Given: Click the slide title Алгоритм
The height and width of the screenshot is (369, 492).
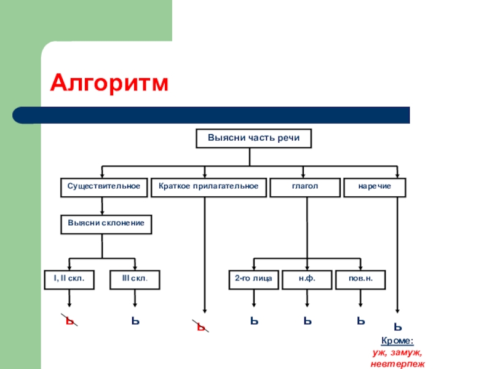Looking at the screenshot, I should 109,82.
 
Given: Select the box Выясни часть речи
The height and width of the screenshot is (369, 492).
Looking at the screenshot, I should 253,138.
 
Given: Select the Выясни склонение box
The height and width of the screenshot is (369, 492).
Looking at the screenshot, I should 106,224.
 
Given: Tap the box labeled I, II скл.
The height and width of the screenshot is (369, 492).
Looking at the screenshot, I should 69,279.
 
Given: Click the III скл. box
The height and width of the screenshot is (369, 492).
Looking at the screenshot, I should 135,279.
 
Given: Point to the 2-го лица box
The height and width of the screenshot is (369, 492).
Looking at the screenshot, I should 253,279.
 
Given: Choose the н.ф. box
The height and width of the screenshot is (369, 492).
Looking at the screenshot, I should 307,279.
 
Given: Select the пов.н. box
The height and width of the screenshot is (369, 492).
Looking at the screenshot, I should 360,279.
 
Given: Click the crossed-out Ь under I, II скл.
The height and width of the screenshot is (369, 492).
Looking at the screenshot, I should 71,321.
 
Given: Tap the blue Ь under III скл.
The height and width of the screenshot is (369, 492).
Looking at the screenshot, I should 135,320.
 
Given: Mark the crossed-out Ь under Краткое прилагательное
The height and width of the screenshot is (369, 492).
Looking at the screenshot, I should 201,327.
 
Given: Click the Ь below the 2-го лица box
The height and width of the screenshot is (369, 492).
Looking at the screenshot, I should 253,320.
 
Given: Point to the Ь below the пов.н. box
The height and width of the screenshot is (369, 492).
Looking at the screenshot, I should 360,320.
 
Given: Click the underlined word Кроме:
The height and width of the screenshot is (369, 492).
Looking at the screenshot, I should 397,341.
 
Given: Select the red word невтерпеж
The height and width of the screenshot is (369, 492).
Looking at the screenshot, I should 397,364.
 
